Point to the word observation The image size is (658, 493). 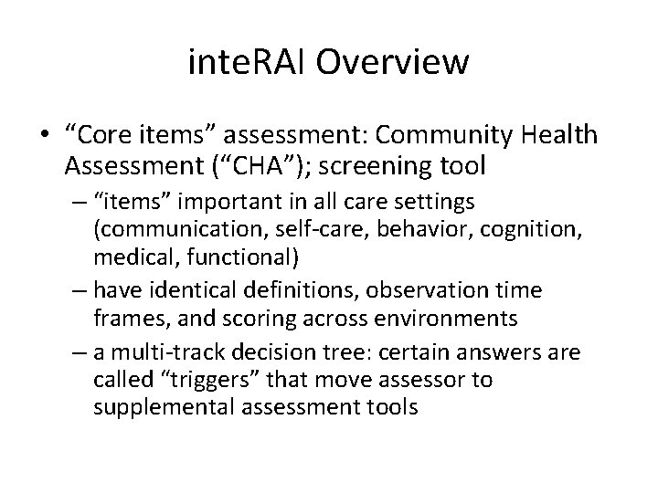pos(426,289)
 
